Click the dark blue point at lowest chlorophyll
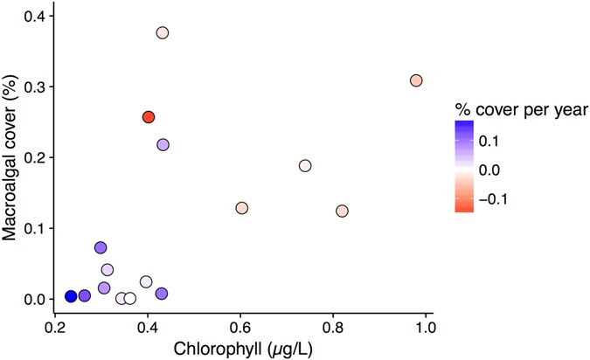click(71, 296)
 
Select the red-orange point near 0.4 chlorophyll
click(149, 117)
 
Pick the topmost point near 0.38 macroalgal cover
click(163, 32)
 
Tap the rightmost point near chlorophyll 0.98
click(416, 80)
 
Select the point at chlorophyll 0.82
click(342, 211)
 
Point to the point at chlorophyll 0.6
click(242, 208)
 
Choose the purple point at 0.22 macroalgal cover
click(163, 144)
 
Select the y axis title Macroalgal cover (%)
click(11, 157)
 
